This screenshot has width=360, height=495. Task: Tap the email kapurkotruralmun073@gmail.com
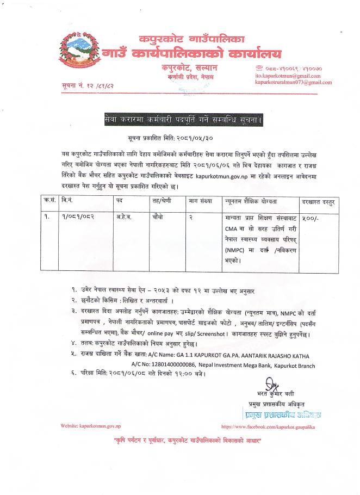click(x=293, y=83)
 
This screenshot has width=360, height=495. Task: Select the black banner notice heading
click(x=179, y=119)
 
